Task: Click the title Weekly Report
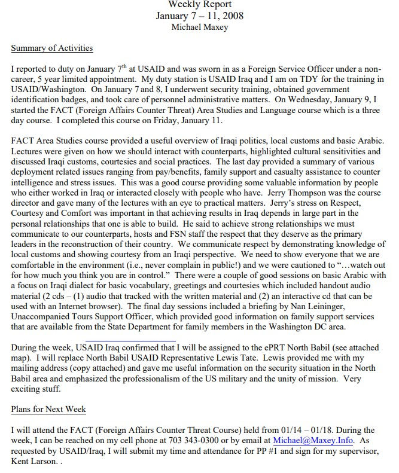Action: pos(199,5)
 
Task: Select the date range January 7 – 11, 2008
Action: pos(199,16)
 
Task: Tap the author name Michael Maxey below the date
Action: pos(199,27)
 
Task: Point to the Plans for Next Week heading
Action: pos(48,409)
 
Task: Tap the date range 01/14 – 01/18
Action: pos(294,429)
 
